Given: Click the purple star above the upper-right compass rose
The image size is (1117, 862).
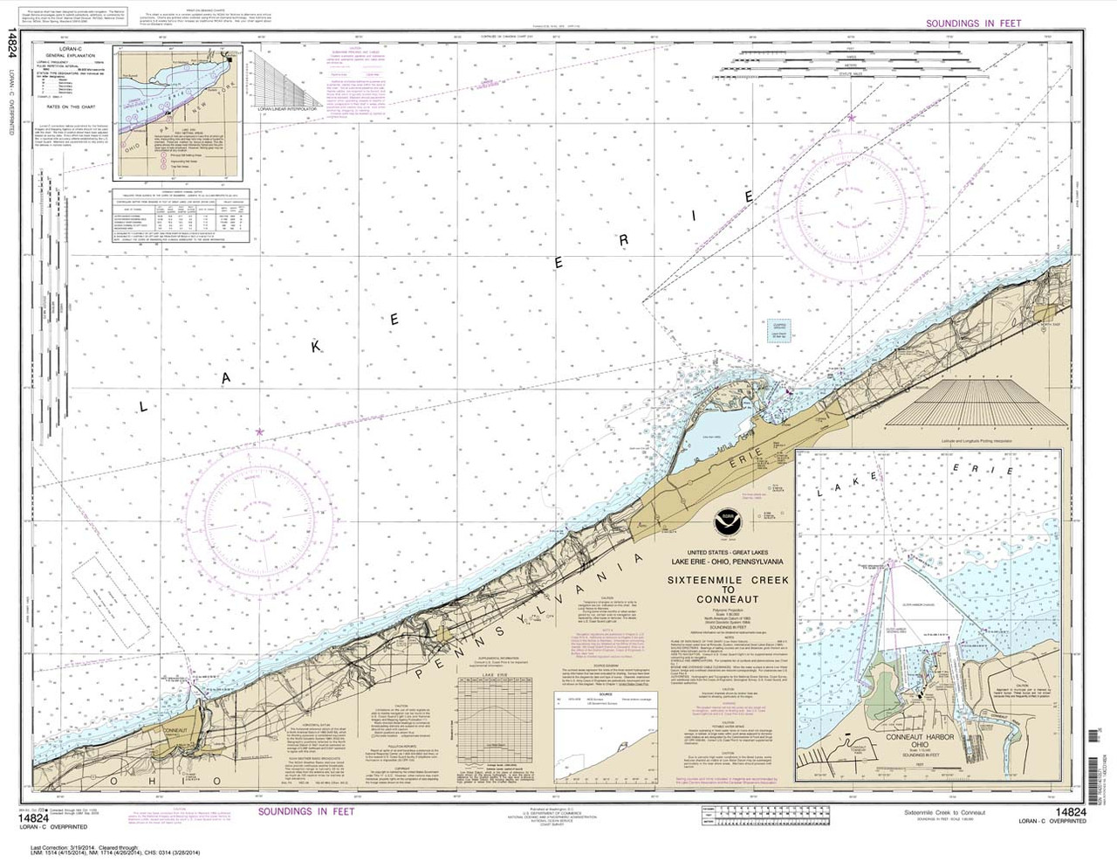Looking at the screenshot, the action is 852,117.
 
